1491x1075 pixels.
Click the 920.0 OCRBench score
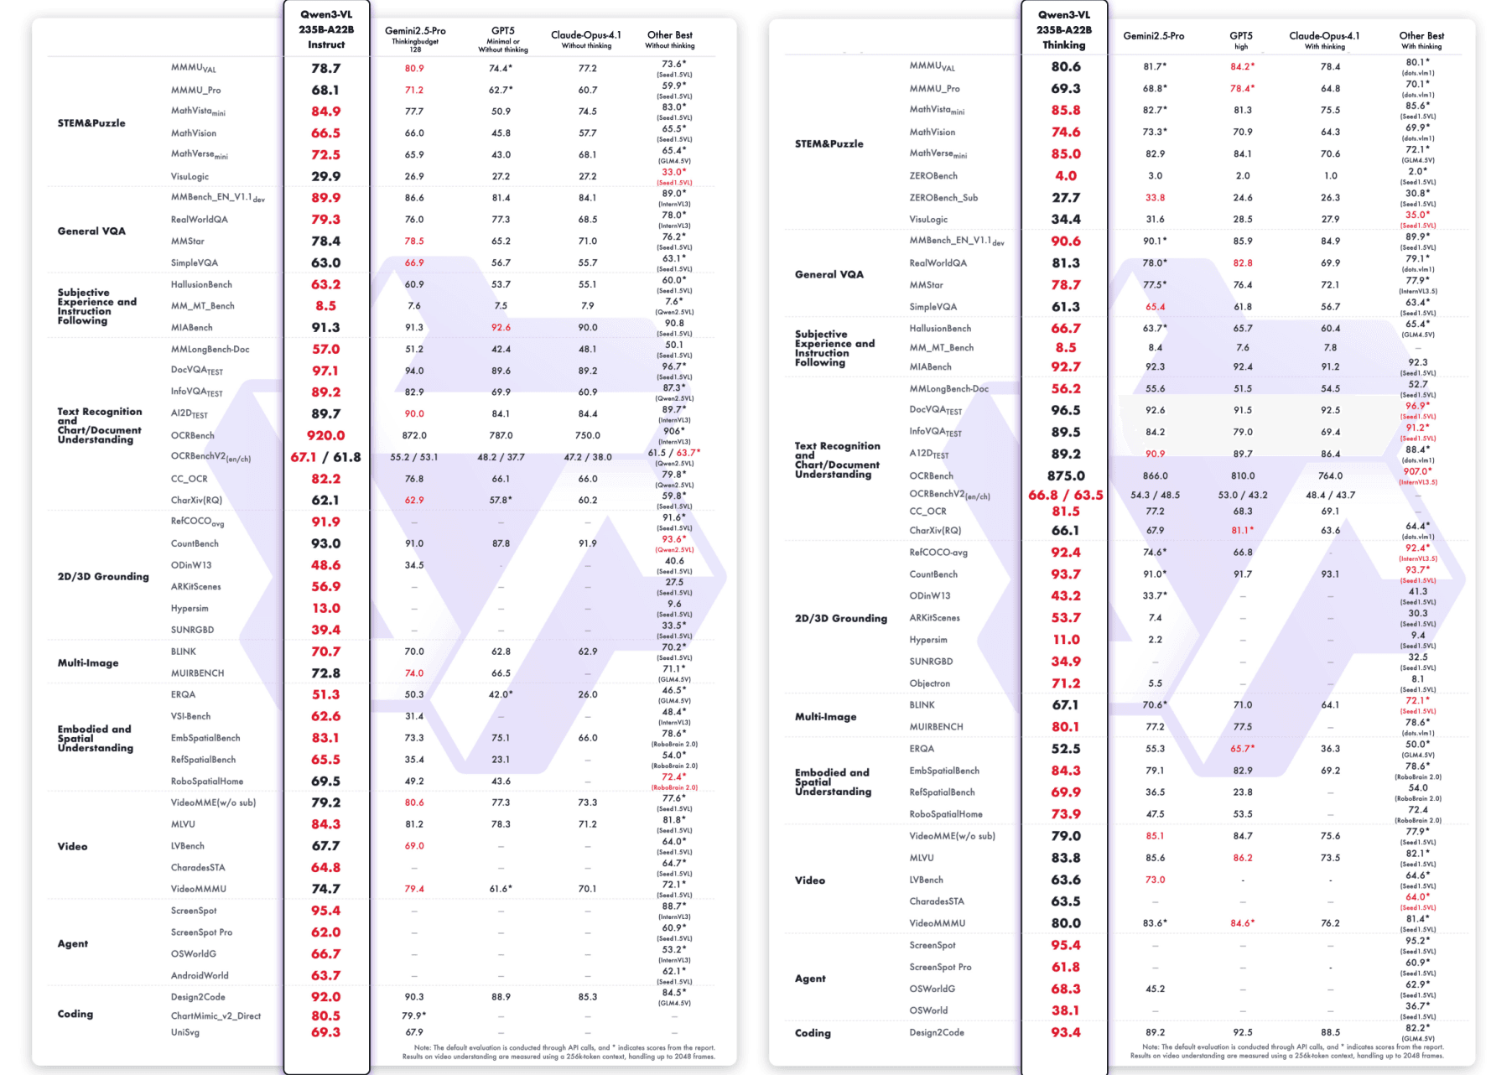[x=325, y=435]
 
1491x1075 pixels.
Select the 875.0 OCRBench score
[x=1065, y=475]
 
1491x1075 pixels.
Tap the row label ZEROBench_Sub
[x=943, y=198]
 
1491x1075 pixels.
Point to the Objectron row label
[x=929, y=683]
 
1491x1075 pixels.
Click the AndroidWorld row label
[x=200, y=975]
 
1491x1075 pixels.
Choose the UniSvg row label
[x=185, y=1032]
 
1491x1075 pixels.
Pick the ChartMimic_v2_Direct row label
[x=216, y=1015]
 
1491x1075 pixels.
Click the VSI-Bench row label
[x=190, y=716]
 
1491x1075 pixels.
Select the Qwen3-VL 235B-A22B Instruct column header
[x=326, y=29]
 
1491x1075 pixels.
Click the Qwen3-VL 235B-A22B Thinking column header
[x=1064, y=29]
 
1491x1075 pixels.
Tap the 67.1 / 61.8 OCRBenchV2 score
[x=325, y=457]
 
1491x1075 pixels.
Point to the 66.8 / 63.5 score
[x=1065, y=495]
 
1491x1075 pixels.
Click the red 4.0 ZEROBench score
[x=1065, y=176]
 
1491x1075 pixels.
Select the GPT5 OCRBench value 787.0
[x=501, y=435]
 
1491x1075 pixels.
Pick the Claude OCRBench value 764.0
[x=1330, y=475]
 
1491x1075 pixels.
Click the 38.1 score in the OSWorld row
[x=1065, y=1010]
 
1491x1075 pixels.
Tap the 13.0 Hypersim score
[x=325, y=608]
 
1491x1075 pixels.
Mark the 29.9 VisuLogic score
[x=325, y=176]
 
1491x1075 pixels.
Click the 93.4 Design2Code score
[x=1065, y=1032]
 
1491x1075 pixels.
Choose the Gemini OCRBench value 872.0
[x=414, y=435]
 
